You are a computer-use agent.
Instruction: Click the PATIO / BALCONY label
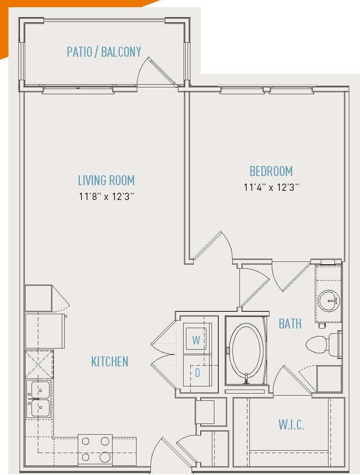[104, 52]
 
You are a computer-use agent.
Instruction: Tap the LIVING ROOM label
[106, 180]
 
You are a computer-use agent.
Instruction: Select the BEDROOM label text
[271, 171]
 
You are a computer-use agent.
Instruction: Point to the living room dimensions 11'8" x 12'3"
[106, 196]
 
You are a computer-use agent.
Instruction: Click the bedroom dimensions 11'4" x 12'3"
[271, 187]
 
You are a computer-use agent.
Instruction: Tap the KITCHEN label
[110, 362]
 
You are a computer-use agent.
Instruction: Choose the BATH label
[290, 323]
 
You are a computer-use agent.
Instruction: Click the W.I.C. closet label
[291, 424]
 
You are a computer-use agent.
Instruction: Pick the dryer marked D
[197, 372]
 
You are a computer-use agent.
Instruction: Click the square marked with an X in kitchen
[39, 364]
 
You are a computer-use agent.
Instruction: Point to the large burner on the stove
[105, 457]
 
